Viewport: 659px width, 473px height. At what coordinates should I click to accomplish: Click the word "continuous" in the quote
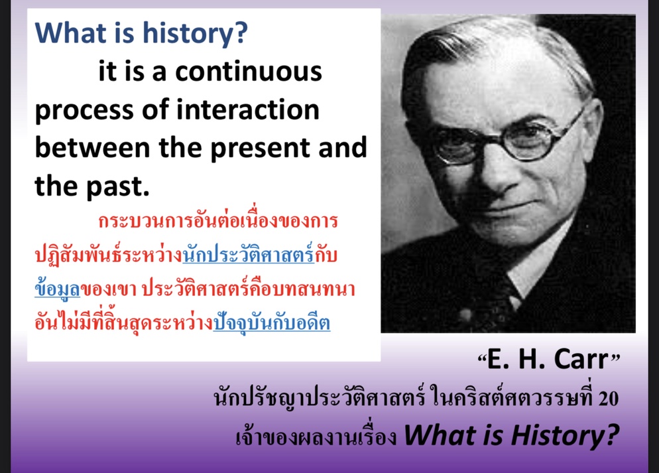[249, 72]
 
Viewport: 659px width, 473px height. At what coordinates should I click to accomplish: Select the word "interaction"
[247, 109]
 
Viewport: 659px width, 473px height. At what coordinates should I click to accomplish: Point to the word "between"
[92, 148]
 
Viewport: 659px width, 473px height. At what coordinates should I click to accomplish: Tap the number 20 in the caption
[608, 399]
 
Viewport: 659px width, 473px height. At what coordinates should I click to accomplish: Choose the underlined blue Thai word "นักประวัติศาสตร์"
[249, 254]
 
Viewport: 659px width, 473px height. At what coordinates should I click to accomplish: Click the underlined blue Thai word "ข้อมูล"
[57, 289]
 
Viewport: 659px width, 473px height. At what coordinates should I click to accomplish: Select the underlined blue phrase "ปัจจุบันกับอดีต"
[272, 322]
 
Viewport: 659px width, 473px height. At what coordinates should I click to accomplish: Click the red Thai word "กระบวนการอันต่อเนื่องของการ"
[218, 220]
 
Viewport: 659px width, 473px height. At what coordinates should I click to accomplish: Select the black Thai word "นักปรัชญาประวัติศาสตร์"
[320, 398]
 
